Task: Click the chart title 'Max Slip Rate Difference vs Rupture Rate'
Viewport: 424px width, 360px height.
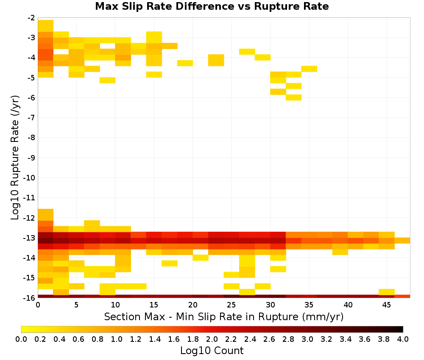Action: pyautogui.click(x=212, y=6)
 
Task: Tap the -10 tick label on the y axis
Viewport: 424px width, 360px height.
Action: pyautogui.click(x=29, y=178)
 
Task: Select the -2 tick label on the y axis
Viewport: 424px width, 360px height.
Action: pyautogui.click(x=31, y=18)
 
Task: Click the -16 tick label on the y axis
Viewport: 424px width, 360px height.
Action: pyautogui.click(x=29, y=298)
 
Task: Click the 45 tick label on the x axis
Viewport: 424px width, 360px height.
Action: pyautogui.click(x=386, y=305)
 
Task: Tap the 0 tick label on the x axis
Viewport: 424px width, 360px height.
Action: pyautogui.click(x=38, y=305)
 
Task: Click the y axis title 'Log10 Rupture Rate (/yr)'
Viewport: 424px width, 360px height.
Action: pyautogui.click(x=15, y=158)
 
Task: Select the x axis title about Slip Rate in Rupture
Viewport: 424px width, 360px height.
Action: pyautogui.click(x=224, y=316)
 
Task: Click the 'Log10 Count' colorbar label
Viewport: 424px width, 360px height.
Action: pyautogui.click(x=212, y=351)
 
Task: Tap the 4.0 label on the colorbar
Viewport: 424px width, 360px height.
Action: pyautogui.click(x=403, y=339)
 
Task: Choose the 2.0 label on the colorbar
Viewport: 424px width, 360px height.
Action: pyautogui.click(x=212, y=339)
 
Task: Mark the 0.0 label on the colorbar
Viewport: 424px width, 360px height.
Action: pyautogui.click(x=21, y=339)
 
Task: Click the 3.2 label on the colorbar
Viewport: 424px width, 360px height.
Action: pyautogui.click(x=326, y=339)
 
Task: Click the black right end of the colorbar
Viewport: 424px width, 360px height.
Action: pyautogui.click(x=402, y=329)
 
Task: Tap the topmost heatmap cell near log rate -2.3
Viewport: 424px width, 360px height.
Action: pyautogui.click(x=45, y=26)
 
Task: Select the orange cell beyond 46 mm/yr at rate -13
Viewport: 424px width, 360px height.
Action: pyautogui.click(x=402, y=241)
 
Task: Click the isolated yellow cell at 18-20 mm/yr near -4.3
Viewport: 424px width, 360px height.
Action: pyautogui.click(x=185, y=63)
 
